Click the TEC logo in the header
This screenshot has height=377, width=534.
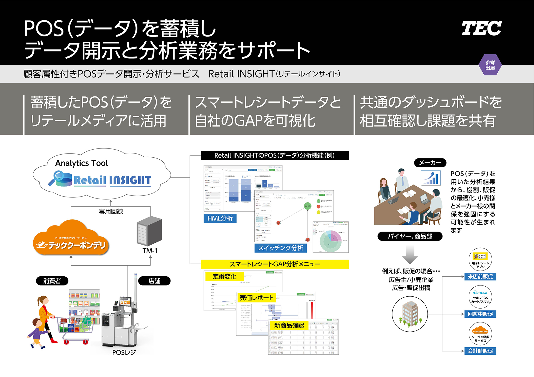click(481, 28)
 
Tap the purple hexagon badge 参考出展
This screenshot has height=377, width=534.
click(490, 65)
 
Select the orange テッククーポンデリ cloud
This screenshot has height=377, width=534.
click(71, 239)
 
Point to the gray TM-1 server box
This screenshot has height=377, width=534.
click(149, 231)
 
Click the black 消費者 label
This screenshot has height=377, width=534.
click(52, 281)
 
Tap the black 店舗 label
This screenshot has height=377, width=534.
click(154, 281)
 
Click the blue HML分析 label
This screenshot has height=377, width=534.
click(220, 218)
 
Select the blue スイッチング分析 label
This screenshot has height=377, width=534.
click(280, 248)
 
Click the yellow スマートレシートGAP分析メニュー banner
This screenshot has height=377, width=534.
click(275, 264)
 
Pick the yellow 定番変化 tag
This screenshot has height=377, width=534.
click(224, 276)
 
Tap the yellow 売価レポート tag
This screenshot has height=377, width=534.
click(256, 298)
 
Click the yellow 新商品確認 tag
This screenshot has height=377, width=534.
click(289, 325)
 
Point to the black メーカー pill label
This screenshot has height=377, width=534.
click(430, 163)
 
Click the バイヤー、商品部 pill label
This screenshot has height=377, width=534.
click(410, 236)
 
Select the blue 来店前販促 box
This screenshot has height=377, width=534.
click(480, 277)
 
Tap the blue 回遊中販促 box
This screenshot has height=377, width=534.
click(480, 314)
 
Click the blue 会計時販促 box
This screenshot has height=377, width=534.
click(480, 351)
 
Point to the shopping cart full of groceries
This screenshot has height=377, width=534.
click(75, 328)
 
